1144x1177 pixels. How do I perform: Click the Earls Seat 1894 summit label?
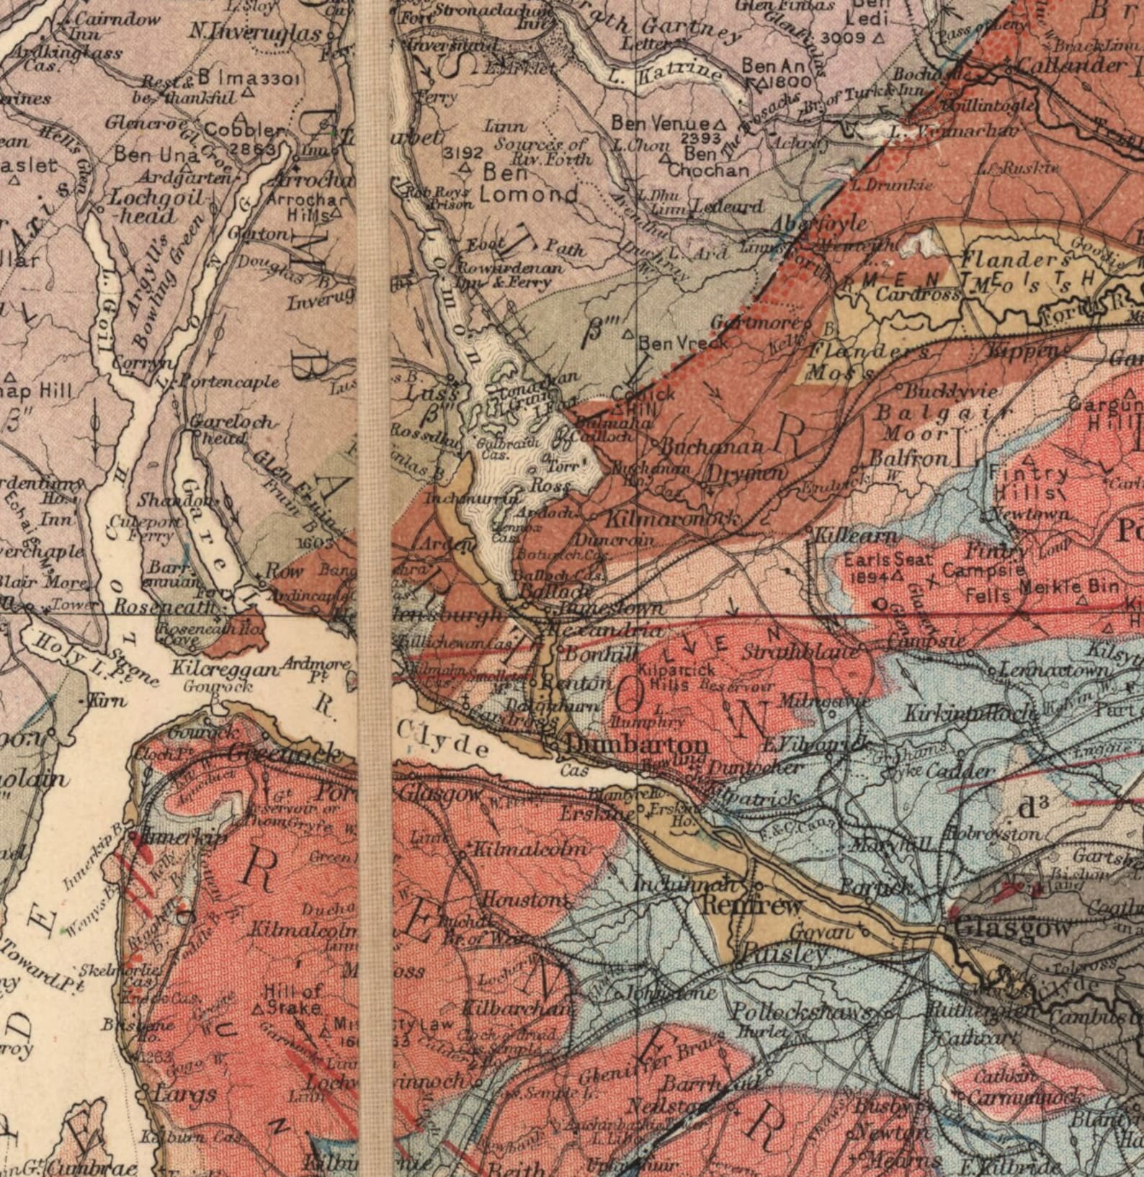(x=877, y=567)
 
